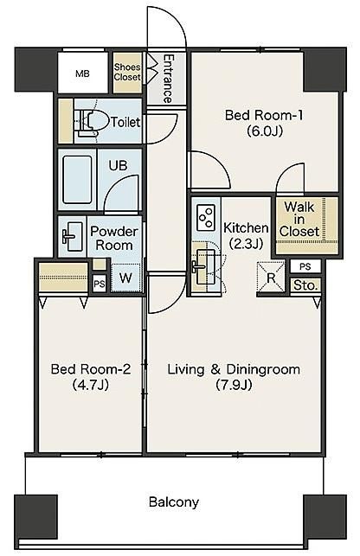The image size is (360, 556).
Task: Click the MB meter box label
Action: [x=82, y=73]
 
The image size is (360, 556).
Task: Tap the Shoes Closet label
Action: [x=127, y=72]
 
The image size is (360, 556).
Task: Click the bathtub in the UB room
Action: [x=77, y=179]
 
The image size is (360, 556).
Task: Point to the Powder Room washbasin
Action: [x=72, y=234]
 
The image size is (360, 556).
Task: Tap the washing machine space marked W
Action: [x=125, y=278]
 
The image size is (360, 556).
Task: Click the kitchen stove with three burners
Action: [x=205, y=217]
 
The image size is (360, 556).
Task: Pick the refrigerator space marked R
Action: [x=271, y=278]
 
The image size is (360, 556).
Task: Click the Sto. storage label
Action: [x=305, y=285]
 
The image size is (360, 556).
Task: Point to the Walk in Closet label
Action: [x=299, y=219]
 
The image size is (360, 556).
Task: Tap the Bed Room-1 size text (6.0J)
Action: [x=265, y=131]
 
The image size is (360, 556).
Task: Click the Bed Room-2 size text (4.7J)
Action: [x=90, y=385]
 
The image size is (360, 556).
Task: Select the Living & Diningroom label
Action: [x=234, y=369]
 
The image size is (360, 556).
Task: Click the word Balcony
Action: [x=174, y=502]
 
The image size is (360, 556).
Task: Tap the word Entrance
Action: [x=168, y=79]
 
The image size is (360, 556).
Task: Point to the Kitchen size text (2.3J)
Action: [x=246, y=244]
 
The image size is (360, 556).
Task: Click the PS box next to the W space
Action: [x=100, y=284]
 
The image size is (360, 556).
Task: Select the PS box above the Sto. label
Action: [x=305, y=266]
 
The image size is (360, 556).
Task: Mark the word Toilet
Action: [x=125, y=122]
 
